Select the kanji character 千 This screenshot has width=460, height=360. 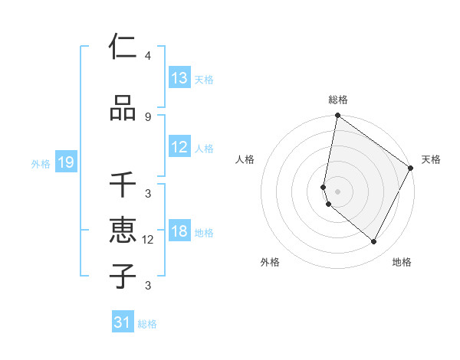click(123, 185)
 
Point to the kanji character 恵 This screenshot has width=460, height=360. click(123, 231)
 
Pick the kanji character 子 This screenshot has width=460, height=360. click(123, 277)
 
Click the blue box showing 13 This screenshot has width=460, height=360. click(179, 78)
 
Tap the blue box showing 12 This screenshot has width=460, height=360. click(179, 148)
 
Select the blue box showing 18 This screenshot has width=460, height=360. click(179, 232)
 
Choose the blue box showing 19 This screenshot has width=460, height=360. click(65, 162)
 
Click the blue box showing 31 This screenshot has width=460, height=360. click(123, 322)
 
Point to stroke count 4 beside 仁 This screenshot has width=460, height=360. click(147, 56)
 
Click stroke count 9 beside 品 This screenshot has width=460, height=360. click(147, 117)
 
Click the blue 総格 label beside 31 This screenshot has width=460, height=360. click(147, 324)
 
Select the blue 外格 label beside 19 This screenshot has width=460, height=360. click(41, 163)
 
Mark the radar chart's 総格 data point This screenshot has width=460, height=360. click(337, 116)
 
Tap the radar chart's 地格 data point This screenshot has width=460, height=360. click(374, 242)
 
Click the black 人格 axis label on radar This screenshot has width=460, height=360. click(245, 159)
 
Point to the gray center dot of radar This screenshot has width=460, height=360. click(337, 191)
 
